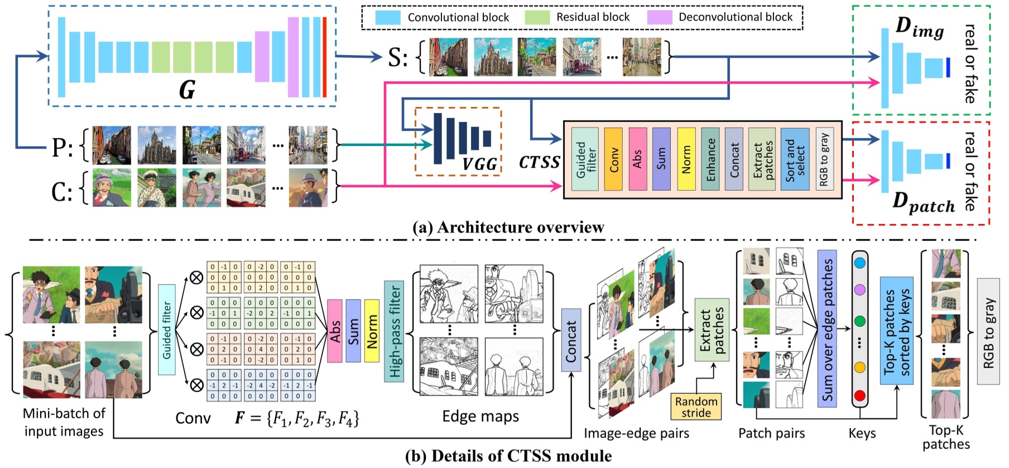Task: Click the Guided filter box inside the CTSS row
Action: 585,159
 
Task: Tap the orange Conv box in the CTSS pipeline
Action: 613,159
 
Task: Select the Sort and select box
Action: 794,159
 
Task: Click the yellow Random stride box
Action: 696,407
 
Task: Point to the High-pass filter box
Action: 394,331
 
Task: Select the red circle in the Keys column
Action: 860,396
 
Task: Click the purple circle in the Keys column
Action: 860,290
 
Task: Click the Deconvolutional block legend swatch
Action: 659,17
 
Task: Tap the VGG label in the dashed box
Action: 479,164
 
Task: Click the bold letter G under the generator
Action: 188,90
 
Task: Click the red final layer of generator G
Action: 324,57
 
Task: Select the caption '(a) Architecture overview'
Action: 508,227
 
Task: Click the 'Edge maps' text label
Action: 481,416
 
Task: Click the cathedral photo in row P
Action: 157,145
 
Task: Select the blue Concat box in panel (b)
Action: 571,340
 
